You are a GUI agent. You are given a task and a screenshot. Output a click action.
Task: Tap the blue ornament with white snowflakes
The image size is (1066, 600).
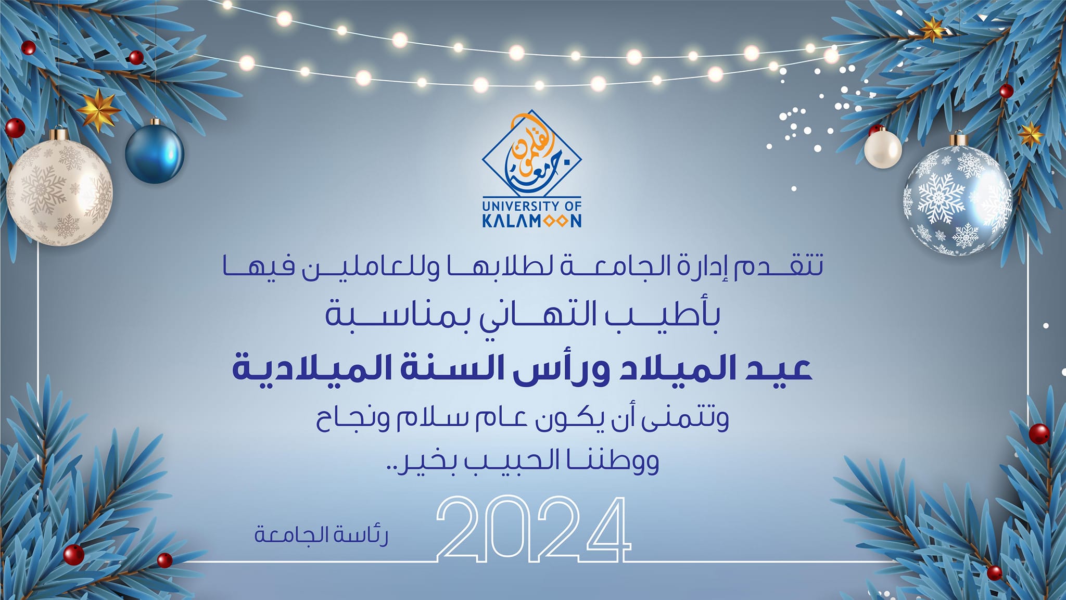click(957, 200)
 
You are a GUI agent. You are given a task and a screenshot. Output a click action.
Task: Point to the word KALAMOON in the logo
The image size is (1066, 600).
click(531, 221)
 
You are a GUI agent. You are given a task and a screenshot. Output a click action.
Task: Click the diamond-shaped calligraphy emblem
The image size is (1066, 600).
click(531, 154)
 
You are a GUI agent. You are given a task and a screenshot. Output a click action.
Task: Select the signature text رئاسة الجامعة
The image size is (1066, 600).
click(321, 535)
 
